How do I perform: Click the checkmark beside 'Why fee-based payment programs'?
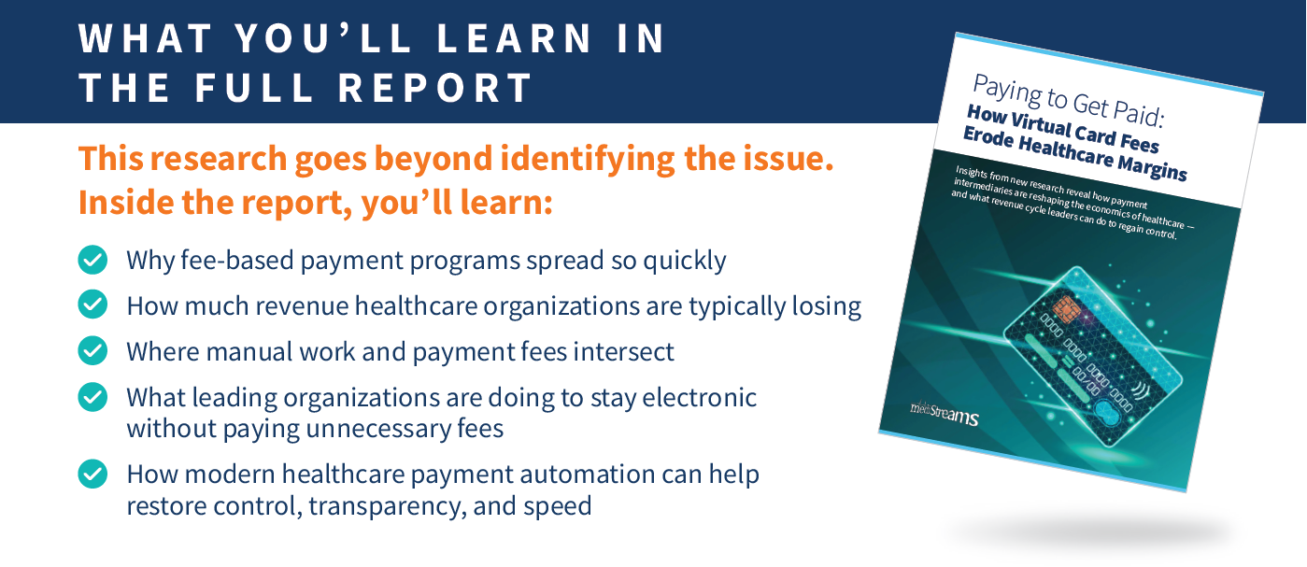tap(92, 260)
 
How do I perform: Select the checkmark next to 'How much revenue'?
tap(92, 305)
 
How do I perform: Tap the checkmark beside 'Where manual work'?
tap(92, 350)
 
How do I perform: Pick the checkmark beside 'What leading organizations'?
tap(92, 397)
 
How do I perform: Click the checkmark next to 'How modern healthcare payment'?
tap(92, 474)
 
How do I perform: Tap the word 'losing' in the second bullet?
tap(821, 305)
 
